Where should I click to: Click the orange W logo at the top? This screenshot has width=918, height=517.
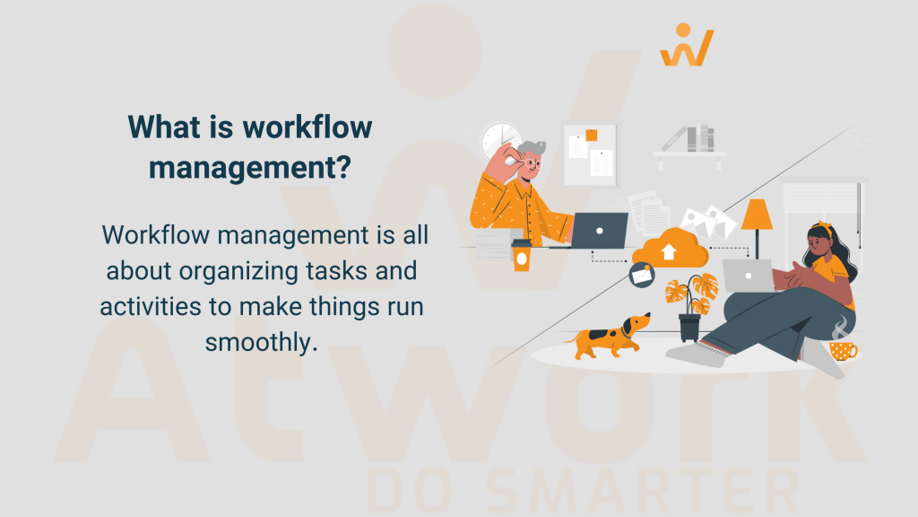(687, 46)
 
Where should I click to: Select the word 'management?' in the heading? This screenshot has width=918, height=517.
(249, 167)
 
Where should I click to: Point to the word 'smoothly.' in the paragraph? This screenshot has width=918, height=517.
(262, 341)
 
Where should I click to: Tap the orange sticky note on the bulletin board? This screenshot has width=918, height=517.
(591, 136)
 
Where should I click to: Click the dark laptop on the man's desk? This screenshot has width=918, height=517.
(599, 230)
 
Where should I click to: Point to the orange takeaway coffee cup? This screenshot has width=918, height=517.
(520, 255)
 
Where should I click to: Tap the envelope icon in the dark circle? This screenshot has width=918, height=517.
(642, 276)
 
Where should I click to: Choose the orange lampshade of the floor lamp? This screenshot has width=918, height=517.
(757, 215)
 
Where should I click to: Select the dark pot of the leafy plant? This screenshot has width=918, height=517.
(689, 327)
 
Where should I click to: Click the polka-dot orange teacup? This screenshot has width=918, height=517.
(843, 349)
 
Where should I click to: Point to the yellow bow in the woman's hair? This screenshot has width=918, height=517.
(825, 230)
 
